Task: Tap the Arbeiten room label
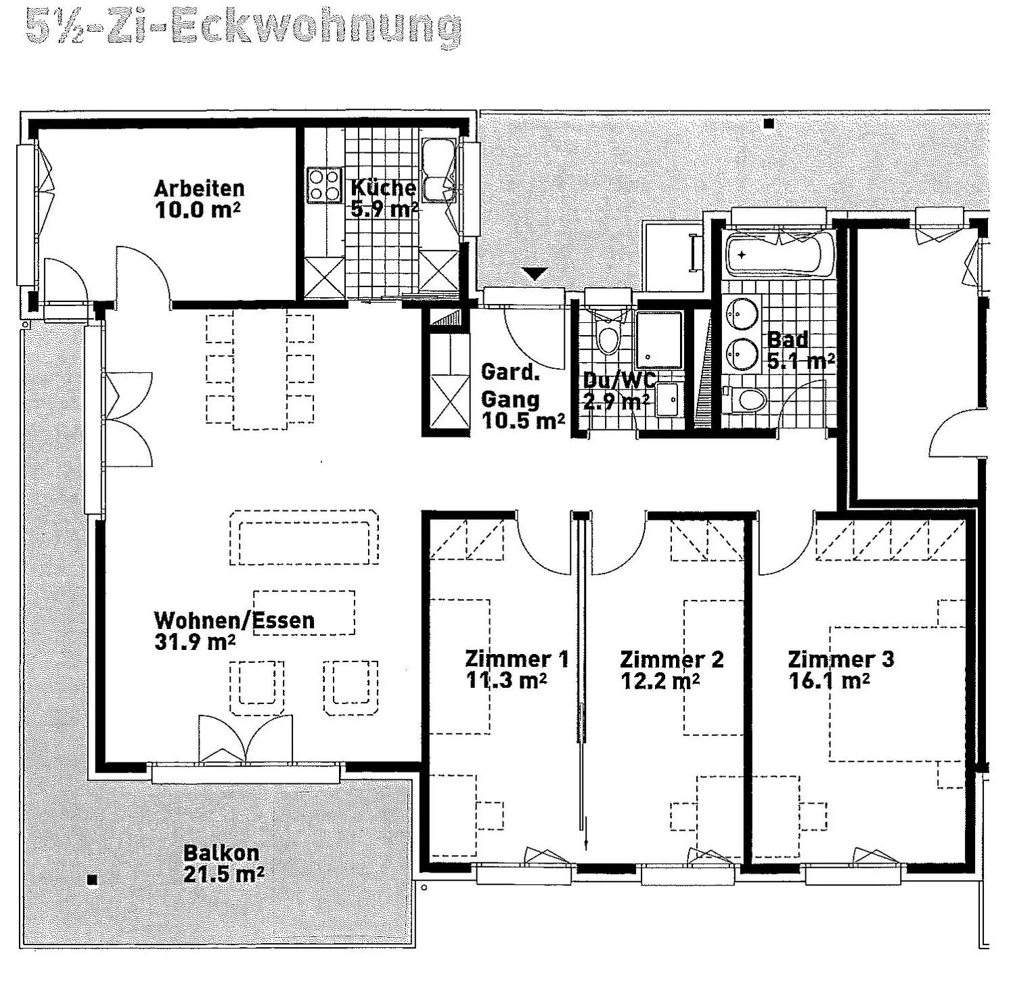pos(199,188)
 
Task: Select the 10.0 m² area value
pos(198,209)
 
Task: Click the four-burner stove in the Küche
pos(324,185)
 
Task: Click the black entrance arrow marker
pos(536,274)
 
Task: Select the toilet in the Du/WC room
pos(608,334)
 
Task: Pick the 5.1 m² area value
pos(800,361)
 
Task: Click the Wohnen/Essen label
pos(234,620)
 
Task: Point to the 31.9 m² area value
pos(195,641)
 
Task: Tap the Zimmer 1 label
pos(516,659)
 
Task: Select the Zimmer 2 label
pos(671,659)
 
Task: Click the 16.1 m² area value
pos(829,680)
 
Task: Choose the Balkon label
pos(221,853)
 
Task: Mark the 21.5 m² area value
pos(223,874)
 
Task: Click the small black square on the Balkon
pos(93,880)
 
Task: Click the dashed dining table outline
pos(259,369)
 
